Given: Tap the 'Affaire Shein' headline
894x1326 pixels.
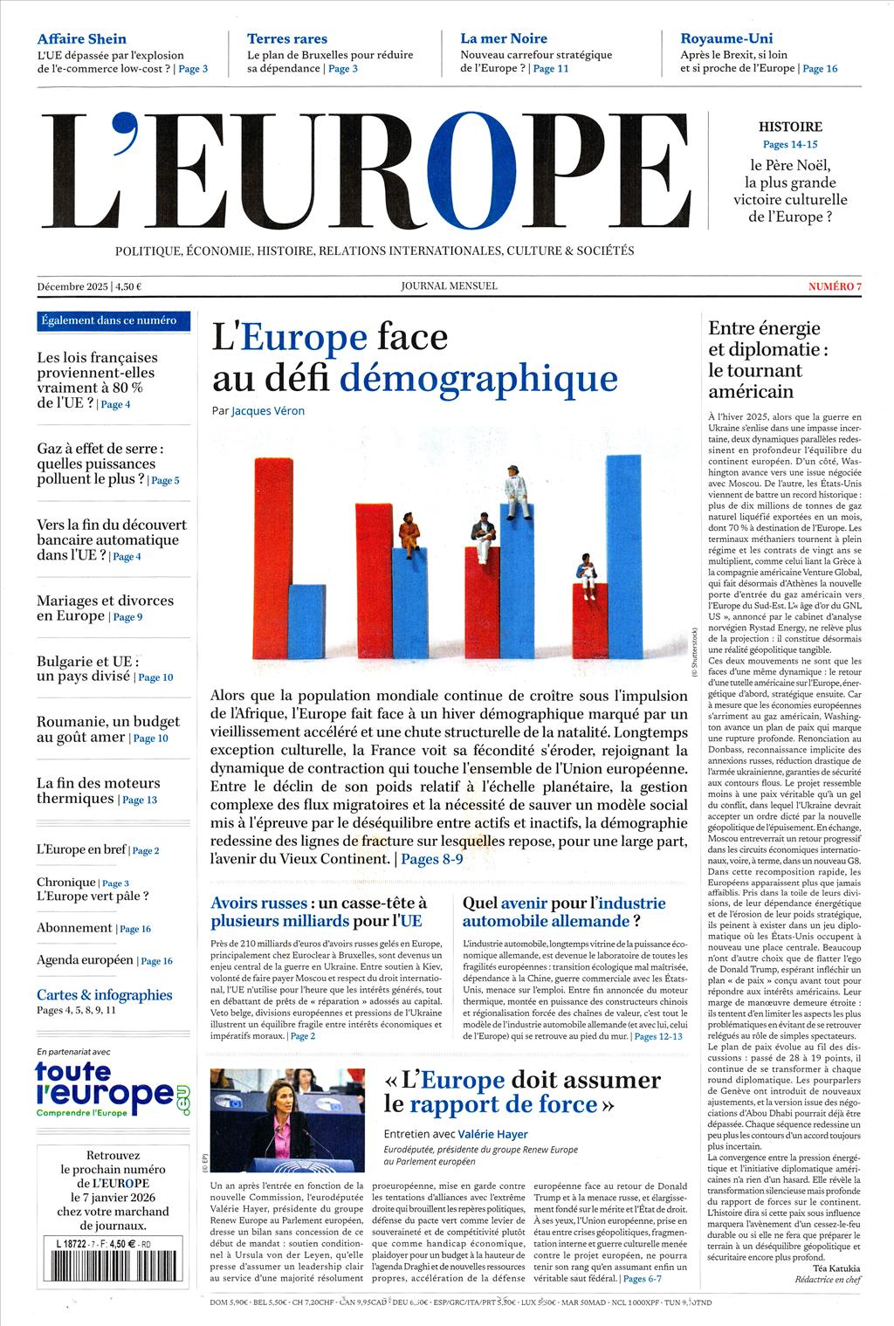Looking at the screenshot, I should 81,38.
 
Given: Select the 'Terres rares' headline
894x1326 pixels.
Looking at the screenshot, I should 287,38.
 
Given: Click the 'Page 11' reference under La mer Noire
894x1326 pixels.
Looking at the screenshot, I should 550,68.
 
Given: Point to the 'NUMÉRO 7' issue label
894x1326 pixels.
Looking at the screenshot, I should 835,286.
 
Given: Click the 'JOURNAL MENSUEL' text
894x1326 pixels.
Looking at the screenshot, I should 449,285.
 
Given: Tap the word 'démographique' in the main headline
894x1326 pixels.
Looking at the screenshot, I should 478,378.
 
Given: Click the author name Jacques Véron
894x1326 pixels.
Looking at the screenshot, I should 268,410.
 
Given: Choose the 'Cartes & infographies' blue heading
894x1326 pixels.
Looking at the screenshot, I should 104,994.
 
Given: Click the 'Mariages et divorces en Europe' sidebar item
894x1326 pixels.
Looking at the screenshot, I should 105,608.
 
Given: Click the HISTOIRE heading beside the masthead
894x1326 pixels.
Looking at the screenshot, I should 790,127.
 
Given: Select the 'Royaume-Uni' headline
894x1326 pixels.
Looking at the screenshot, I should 726,38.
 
